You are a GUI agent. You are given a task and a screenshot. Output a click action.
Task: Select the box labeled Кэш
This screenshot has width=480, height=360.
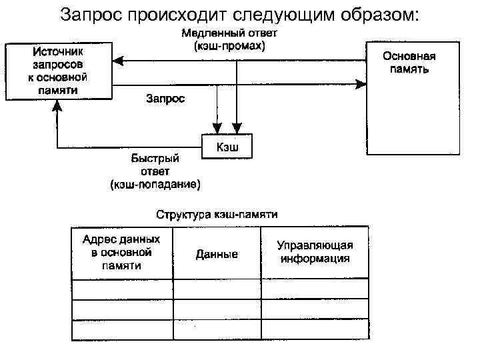pos(227,146)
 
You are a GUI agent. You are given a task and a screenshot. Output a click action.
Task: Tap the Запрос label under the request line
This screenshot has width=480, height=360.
pos(165,99)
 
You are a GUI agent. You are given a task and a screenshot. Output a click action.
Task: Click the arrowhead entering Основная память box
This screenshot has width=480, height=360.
pos(362,84)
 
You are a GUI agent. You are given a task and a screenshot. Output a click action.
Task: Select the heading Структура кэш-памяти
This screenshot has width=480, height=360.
pos(217,215)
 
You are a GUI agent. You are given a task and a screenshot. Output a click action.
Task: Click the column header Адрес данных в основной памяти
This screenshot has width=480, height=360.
pos(121,252)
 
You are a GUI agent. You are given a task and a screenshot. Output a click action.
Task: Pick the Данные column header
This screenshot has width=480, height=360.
pos(217,254)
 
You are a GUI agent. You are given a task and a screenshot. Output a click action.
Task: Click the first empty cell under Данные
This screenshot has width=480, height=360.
pos(217,289)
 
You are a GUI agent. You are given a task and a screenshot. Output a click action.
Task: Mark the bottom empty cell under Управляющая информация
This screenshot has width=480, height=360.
pos(315,330)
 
